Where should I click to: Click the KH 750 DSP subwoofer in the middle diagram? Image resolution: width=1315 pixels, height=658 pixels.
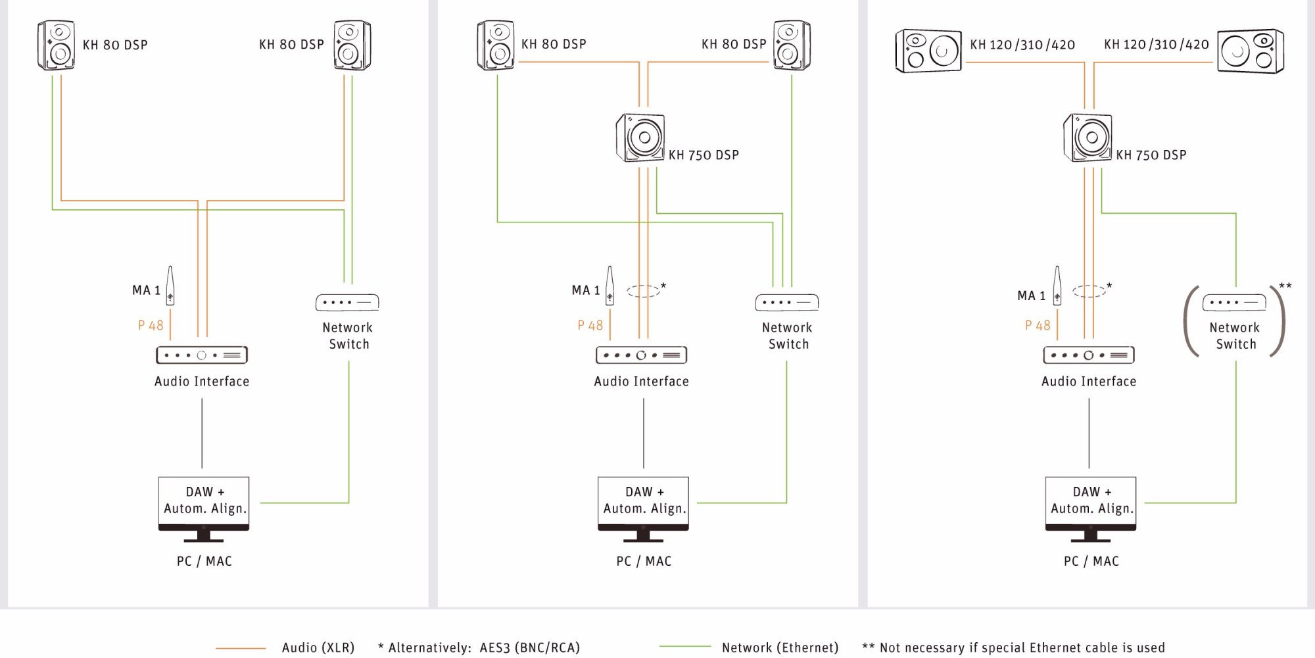640,138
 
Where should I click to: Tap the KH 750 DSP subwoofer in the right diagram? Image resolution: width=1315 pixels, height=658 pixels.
1088,138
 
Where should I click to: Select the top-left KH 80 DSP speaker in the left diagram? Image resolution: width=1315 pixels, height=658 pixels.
56,45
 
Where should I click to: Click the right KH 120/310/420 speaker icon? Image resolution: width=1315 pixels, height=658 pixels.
1250,51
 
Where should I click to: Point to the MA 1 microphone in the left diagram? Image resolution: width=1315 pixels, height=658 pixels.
170,286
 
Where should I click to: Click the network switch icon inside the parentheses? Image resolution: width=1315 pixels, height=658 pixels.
1234,303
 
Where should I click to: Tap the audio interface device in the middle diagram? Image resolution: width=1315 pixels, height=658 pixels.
641,355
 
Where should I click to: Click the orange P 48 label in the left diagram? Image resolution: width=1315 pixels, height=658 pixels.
151,325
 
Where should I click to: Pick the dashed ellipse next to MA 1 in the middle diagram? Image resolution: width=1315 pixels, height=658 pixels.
643,291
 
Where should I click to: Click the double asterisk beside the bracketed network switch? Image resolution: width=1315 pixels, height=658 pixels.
1285,286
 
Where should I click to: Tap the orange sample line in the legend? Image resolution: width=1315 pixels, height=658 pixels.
241,648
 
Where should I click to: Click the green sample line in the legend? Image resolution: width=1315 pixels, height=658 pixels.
684,647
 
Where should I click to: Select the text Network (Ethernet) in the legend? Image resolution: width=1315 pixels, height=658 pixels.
780,648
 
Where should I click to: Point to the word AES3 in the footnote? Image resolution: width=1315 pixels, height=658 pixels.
494,648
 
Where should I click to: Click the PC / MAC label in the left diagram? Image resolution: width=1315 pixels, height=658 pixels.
204,561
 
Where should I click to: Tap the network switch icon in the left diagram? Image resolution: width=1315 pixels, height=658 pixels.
347,303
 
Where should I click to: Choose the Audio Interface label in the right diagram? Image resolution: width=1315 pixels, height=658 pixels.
1089,382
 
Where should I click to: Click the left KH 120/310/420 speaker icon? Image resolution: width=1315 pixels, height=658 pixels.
928,51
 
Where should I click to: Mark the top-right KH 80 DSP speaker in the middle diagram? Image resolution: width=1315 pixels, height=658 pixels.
792,45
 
